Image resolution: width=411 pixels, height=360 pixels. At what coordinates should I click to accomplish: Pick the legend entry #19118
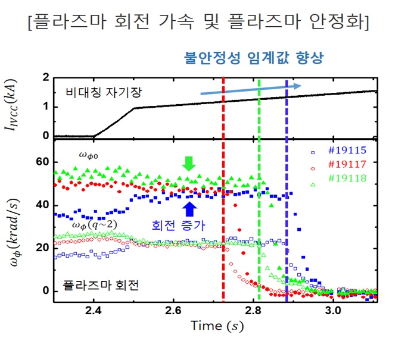click(x=349, y=178)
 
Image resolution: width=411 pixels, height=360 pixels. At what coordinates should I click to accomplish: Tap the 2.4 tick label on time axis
click(x=94, y=311)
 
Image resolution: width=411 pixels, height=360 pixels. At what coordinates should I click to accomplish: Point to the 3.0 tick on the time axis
click(x=333, y=311)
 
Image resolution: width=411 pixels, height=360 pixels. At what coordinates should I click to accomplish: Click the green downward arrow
click(x=189, y=163)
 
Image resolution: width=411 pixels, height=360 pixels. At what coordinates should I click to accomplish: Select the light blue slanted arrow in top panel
click(x=250, y=89)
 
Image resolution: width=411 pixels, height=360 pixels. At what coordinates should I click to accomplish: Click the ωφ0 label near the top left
click(x=91, y=154)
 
